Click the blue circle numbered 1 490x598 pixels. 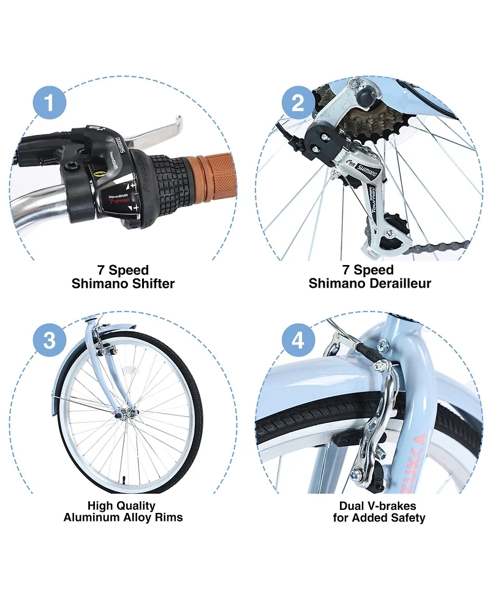pos(49,102)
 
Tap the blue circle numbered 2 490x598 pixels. pos(298,102)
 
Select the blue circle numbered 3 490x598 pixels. pos(49,340)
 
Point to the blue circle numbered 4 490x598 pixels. pos(298,340)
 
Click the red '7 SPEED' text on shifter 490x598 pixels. pos(119,201)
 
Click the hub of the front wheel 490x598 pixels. pos(132,412)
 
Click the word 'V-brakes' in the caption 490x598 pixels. pos(391,506)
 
